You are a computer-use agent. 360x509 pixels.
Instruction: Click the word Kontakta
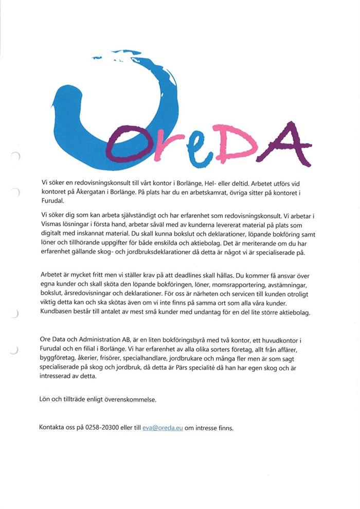[53, 428]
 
